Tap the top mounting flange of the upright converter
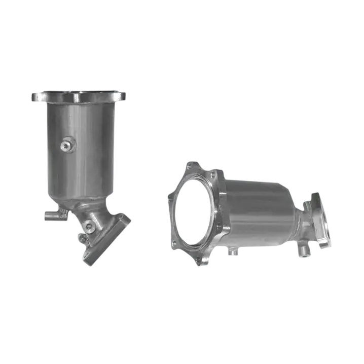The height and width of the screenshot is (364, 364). pyautogui.click(x=79, y=96)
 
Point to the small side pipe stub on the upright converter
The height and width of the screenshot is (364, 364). pyautogui.click(x=50, y=216)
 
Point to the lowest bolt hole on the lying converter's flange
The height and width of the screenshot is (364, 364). pyautogui.click(x=202, y=261)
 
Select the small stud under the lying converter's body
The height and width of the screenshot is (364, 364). pyautogui.click(x=232, y=250)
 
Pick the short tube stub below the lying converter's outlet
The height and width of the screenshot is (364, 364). pyautogui.click(x=303, y=249)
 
